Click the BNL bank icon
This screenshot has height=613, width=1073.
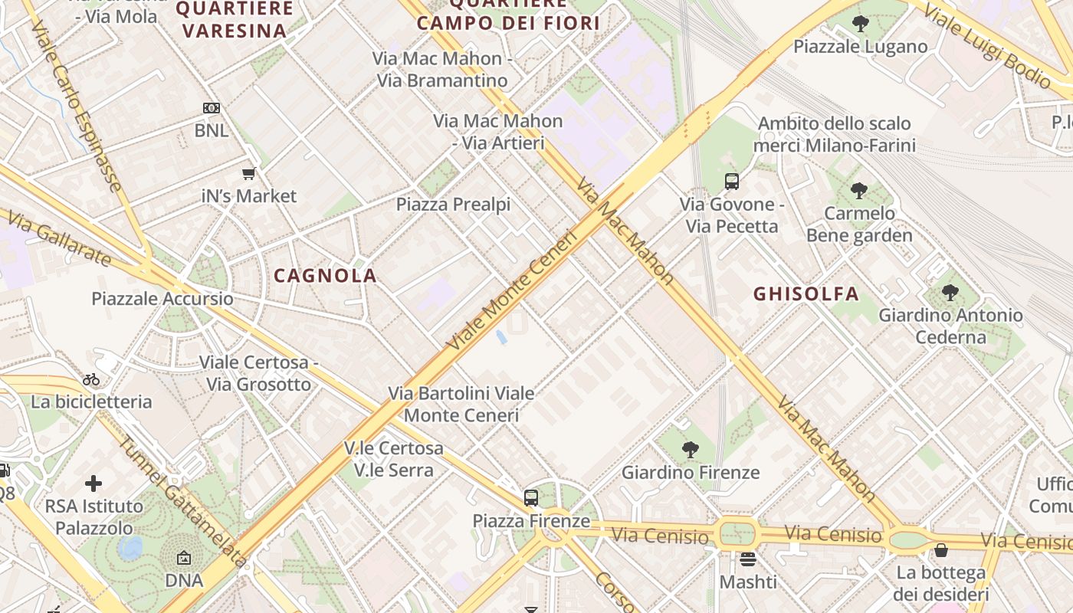tap(211, 109)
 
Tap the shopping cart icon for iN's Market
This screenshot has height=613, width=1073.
tap(248, 174)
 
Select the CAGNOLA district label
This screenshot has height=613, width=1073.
tap(325, 276)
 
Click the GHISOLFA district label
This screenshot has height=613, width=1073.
tap(806, 293)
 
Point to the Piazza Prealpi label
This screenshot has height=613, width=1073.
tap(453, 205)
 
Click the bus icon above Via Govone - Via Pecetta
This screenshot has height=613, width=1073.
tap(731, 182)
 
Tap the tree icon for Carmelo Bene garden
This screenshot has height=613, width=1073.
tap(858, 191)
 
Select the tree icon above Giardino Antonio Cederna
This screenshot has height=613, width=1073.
tap(950, 293)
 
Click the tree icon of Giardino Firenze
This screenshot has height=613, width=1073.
tap(690, 450)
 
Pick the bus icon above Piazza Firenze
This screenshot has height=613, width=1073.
tap(530, 498)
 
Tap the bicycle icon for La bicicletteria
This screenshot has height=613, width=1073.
tap(91, 379)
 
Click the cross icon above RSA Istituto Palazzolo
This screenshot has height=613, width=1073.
tap(94, 484)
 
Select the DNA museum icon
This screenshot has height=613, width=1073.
tap(184, 559)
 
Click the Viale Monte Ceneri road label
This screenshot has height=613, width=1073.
tap(511, 291)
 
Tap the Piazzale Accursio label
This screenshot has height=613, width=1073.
tap(162, 299)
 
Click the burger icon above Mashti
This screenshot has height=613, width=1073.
tap(748, 559)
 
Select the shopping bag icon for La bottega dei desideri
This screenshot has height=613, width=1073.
tap(940, 550)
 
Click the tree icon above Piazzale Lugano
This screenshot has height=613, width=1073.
tap(860, 24)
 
